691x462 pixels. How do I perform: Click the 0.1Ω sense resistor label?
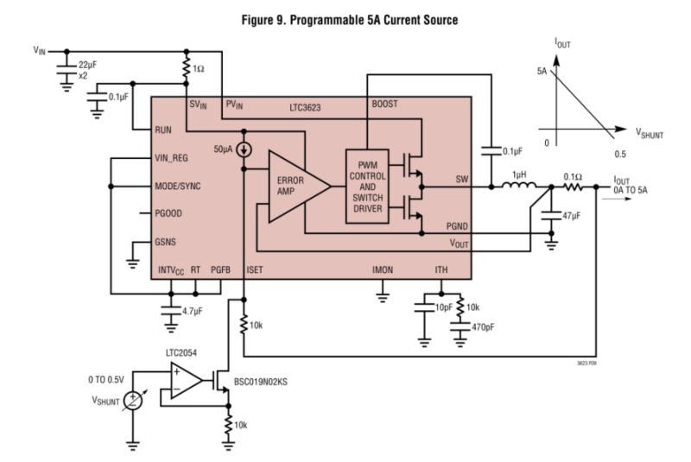point(572,176)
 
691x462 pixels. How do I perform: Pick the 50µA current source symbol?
point(244,149)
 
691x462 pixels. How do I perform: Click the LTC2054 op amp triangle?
point(186,380)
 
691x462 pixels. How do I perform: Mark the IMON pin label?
point(382,270)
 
